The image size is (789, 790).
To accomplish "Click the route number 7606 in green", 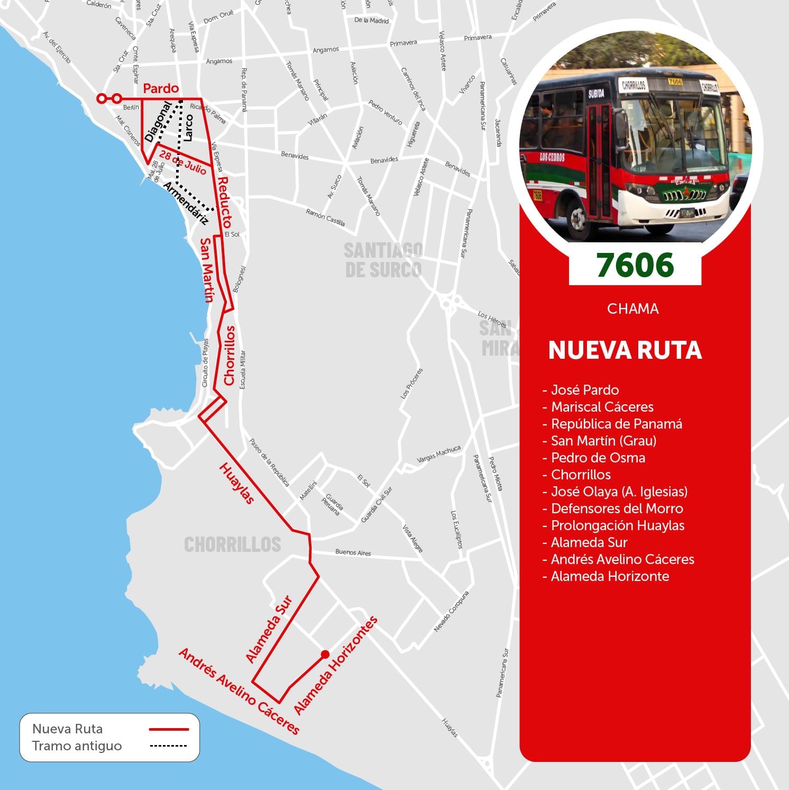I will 635,265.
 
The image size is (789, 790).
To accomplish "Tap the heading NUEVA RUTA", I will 625,350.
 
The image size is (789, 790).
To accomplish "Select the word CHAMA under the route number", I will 632,308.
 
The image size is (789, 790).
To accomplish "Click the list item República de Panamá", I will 616,424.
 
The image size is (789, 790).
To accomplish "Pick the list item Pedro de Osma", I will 598,458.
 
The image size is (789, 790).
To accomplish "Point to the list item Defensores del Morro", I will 617,508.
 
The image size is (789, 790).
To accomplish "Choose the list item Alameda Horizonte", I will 610,576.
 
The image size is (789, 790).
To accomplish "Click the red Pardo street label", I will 161,88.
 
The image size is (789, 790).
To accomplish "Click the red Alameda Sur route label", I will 269,629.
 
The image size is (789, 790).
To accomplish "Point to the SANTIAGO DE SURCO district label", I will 383,260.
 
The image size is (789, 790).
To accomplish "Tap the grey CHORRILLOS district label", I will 232,544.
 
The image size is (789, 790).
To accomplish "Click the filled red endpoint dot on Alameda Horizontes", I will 325,654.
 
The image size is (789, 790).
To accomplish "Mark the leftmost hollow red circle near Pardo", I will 101,98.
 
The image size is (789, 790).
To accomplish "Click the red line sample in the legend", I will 169,729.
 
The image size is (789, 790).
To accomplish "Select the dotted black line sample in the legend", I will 169,746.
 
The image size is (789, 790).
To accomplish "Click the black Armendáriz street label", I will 185,204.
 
